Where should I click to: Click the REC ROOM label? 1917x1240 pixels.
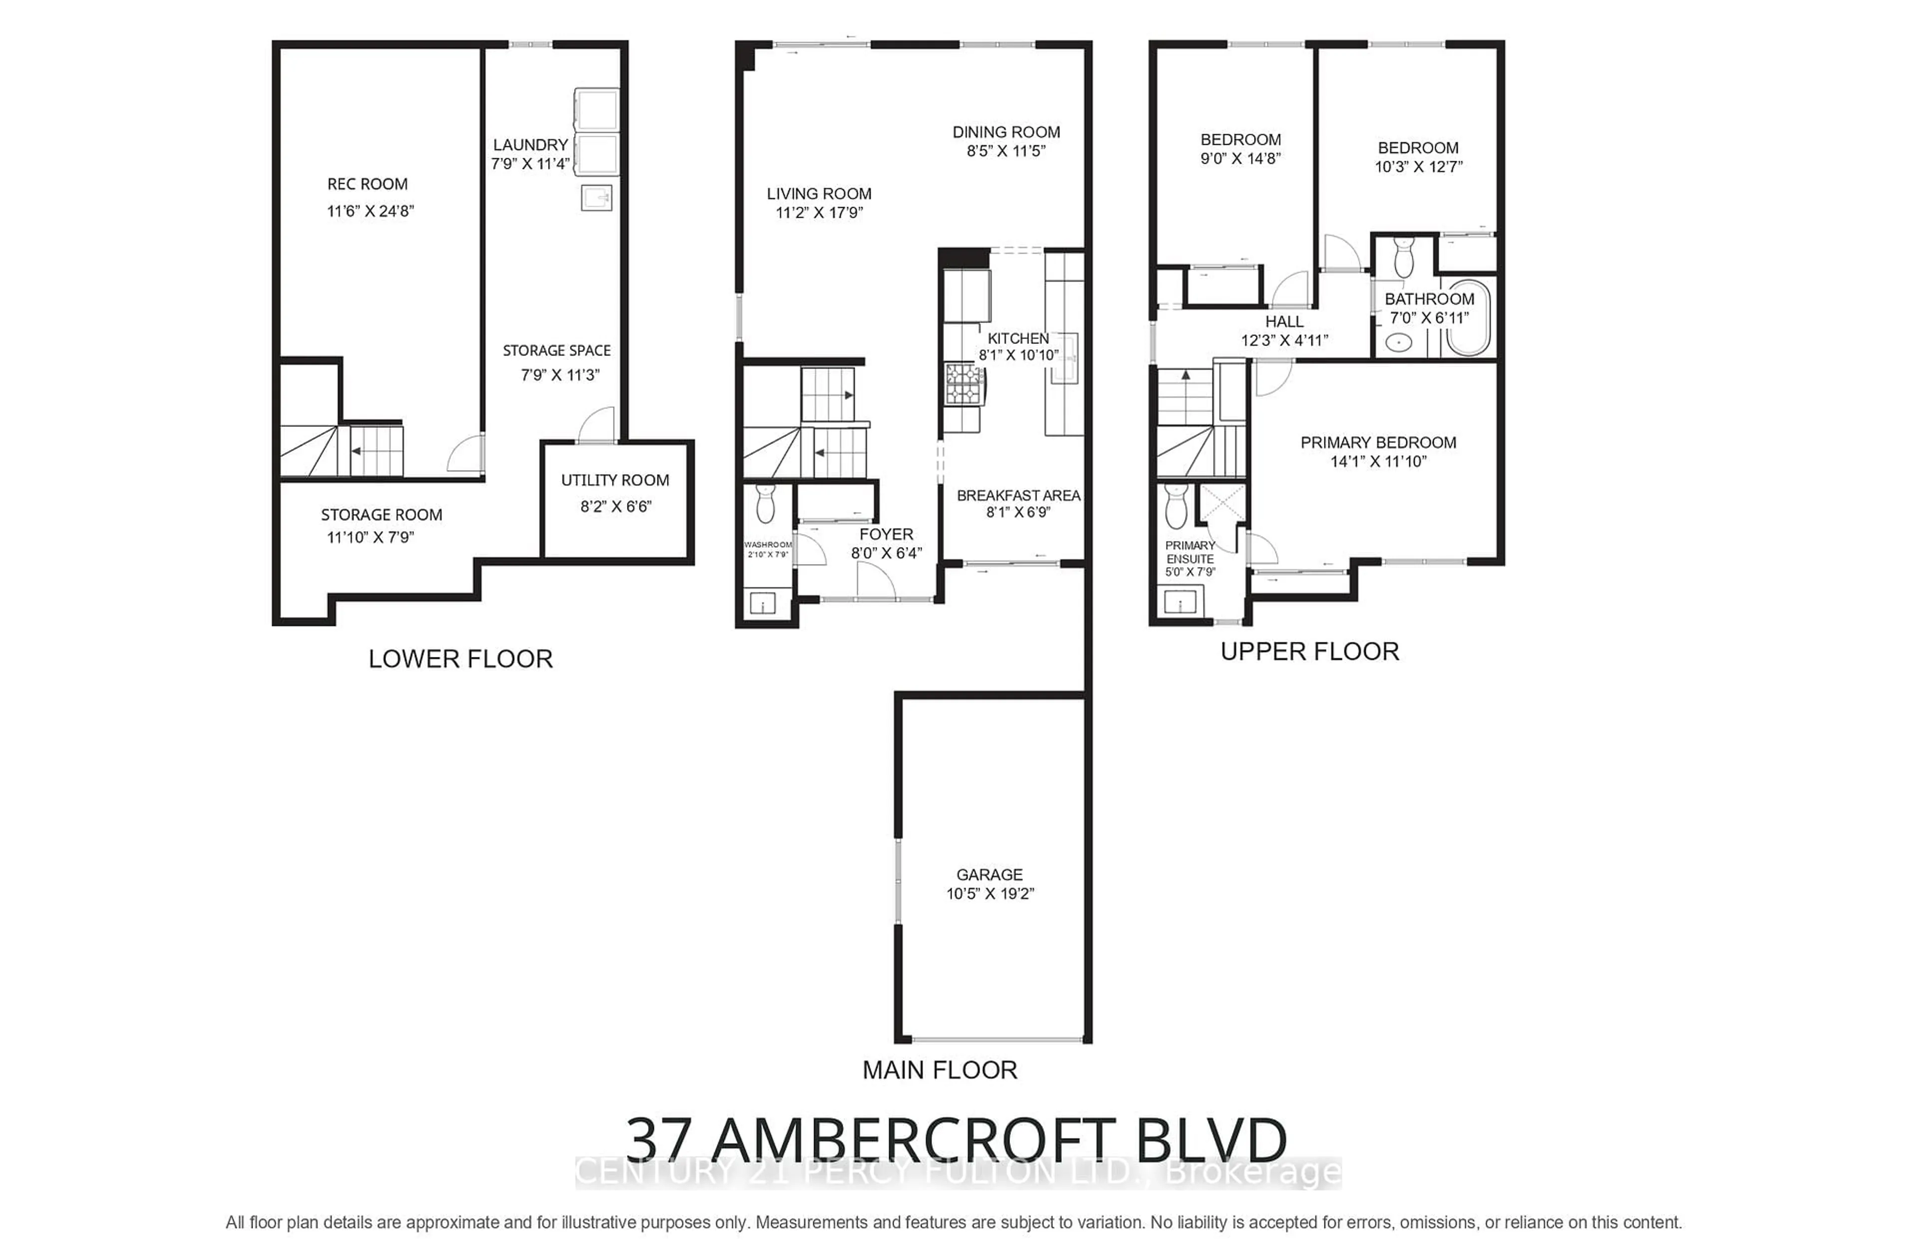point(367,184)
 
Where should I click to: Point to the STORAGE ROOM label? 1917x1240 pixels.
point(381,515)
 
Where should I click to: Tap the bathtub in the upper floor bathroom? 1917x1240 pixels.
point(1469,318)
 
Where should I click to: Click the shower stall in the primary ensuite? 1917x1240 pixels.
point(1222,503)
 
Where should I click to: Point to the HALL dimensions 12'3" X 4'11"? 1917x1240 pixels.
point(1283,340)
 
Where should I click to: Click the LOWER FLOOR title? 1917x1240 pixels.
point(461,658)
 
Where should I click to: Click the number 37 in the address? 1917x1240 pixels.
point(658,1139)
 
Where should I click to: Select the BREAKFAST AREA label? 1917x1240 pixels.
point(1018,495)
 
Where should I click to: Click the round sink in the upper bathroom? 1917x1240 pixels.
point(1399,343)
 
